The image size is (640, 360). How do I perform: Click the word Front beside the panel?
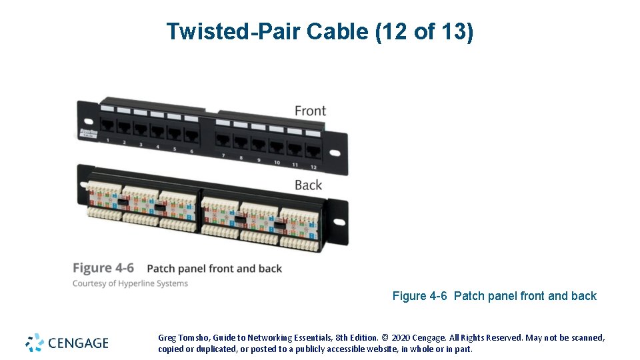[x=310, y=110]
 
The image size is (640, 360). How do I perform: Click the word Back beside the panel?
[x=308, y=185]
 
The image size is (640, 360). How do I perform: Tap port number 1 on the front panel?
[x=107, y=126]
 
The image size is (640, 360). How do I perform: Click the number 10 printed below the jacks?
[x=277, y=163]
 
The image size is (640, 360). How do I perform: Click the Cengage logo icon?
[x=35, y=343]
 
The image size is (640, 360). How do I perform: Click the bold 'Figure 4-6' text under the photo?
[x=103, y=268]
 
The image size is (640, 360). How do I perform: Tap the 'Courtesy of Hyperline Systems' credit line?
[x=130, y=283]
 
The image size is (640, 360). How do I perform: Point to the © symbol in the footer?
[x=384, y=338]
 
